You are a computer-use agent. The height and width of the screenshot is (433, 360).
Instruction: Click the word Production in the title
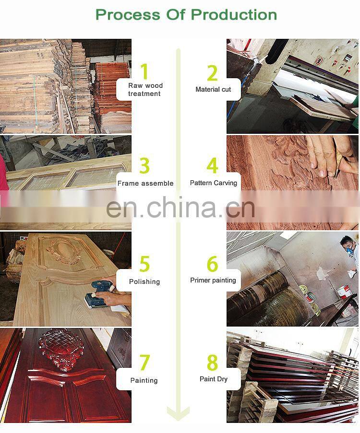(x=234, y=15)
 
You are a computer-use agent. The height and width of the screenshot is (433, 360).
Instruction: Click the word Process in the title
(x=128, y=15)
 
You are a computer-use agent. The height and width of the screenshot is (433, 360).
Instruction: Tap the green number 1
(x=144, y=71)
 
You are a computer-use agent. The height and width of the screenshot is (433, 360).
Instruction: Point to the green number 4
(x=212, y=165)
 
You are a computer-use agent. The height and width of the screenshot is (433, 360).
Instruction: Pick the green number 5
(x=144, y=264)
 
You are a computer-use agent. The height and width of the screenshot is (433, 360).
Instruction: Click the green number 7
(x=144, y=363)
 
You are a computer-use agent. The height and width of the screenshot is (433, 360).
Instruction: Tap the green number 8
(x=212, y=362)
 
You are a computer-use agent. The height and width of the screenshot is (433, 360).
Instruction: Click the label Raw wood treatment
(x=145, y=90)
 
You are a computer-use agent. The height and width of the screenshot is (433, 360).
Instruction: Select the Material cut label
(x=213, y=89)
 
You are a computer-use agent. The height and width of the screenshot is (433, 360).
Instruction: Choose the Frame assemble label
(x=145, y=183)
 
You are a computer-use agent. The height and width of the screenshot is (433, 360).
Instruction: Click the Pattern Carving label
(x=214, y=183)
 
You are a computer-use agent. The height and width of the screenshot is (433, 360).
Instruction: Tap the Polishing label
(x=144, y=281)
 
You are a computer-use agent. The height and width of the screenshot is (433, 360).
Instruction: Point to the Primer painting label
(x=213, y=281)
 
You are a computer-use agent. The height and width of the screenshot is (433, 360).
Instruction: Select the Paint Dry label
(x=214, y=379)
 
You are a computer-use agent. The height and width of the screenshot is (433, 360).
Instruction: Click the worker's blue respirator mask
(x=349, y=250)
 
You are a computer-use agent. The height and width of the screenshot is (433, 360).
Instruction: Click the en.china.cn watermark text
(x=180, y=207)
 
